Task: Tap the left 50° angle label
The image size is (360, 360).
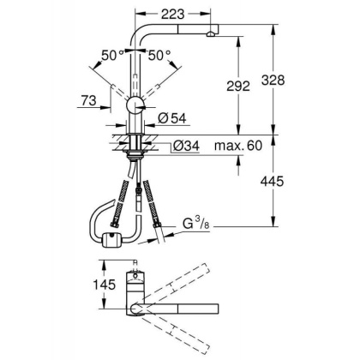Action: (x=110, y=55)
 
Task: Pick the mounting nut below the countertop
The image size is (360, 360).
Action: (x=135, y=158)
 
